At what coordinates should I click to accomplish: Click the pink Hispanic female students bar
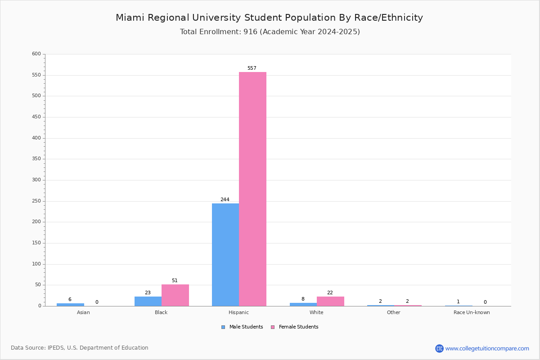tap(252, 189)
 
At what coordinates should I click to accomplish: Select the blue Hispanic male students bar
tap(225, 255)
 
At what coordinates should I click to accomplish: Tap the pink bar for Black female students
tap(175, 295)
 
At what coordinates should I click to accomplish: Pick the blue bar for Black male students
tap(148, 301)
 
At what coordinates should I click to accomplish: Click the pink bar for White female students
tap(330, 301)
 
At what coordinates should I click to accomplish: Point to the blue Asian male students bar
tap(70, 305)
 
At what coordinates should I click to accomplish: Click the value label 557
tap(252, 68)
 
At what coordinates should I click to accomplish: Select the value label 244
tap(225, 199)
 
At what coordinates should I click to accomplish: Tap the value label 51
tap(175, 280)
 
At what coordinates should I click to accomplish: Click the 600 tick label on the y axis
tap(36, 54)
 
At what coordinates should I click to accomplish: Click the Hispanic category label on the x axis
tap(238, 312)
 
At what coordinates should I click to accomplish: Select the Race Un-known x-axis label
tap(472, 312)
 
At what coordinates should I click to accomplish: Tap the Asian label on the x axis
tap(83, 312)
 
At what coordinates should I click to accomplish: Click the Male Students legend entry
tap(242, 327)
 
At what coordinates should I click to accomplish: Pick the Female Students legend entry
tap(295, 327)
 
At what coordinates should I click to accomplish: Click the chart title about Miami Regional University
tap(269, 18)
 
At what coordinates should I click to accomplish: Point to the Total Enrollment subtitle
tap(270, 32)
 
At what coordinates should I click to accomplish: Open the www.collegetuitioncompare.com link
tap(487, 349)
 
